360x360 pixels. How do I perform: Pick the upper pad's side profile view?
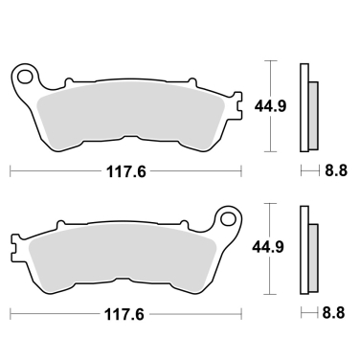pos(304,106)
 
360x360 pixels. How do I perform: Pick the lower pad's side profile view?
pos(304,248)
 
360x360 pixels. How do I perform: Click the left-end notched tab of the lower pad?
pos(17,246)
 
